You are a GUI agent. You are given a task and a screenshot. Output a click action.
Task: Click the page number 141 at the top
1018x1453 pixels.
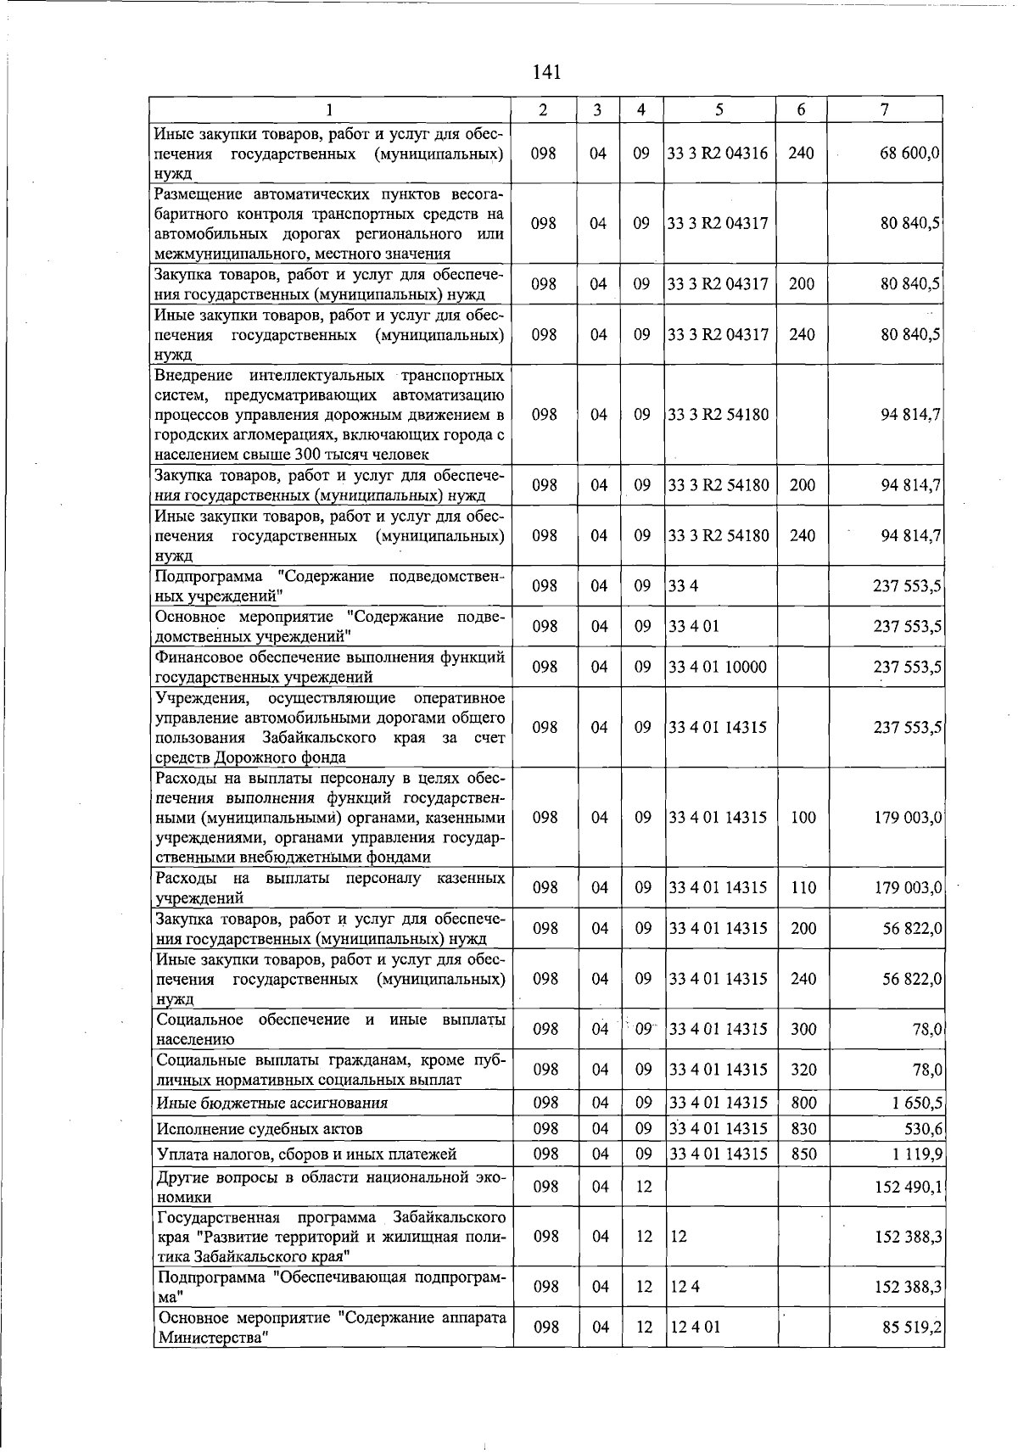pyautogui.click(x=547, y=72)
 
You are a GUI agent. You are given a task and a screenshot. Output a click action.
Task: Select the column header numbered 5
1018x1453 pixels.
pyautogui.click(x=719, y=109)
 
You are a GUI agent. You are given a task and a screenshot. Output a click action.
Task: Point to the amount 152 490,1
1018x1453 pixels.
pyautogui.click(x=908, y=1187)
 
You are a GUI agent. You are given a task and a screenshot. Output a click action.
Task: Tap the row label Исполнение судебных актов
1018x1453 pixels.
pyautogui.click(x=260, y=1129)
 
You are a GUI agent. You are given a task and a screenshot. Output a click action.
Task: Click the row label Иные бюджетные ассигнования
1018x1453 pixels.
pyautogui.click(x=271, y=1104)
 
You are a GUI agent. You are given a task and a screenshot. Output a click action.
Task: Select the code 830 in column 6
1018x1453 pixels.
pyautogui.click(x=803, y=1128)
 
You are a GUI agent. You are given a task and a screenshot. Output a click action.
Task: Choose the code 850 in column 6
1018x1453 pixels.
pyautogui.click(x=803, y=1154)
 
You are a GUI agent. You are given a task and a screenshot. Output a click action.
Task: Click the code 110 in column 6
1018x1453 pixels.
pyautogui.click(x=803, y=887)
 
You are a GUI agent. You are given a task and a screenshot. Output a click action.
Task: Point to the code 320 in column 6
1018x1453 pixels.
pyautogui.click(x=803, y=1070)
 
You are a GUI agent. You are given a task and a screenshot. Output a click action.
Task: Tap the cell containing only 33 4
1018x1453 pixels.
pyautogui.click(x=683, y=586)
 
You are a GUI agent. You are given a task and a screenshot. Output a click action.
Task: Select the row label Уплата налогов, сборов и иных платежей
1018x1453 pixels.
pyautogui.click(x=306, y=1154)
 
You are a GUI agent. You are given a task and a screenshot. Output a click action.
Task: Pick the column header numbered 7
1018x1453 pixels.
pyautogui.click(x=885, y=109)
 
